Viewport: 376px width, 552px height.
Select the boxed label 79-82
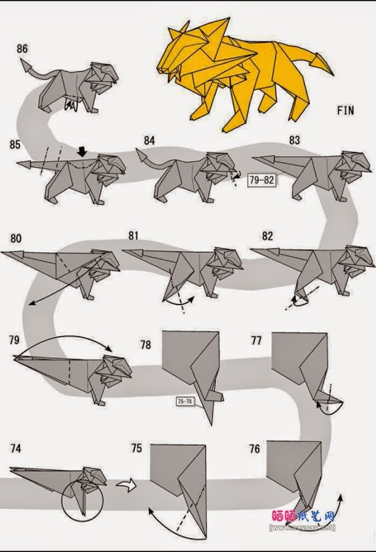point(263,180)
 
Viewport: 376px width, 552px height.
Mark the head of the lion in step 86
point(102,75)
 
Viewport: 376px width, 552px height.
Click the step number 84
point(149,141)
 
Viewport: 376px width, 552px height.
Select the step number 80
point(17,237)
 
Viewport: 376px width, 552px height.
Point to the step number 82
point(267,236)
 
